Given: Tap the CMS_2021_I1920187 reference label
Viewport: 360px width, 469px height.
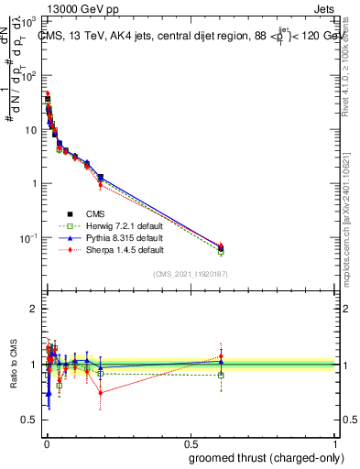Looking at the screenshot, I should [x=190, y=274].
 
